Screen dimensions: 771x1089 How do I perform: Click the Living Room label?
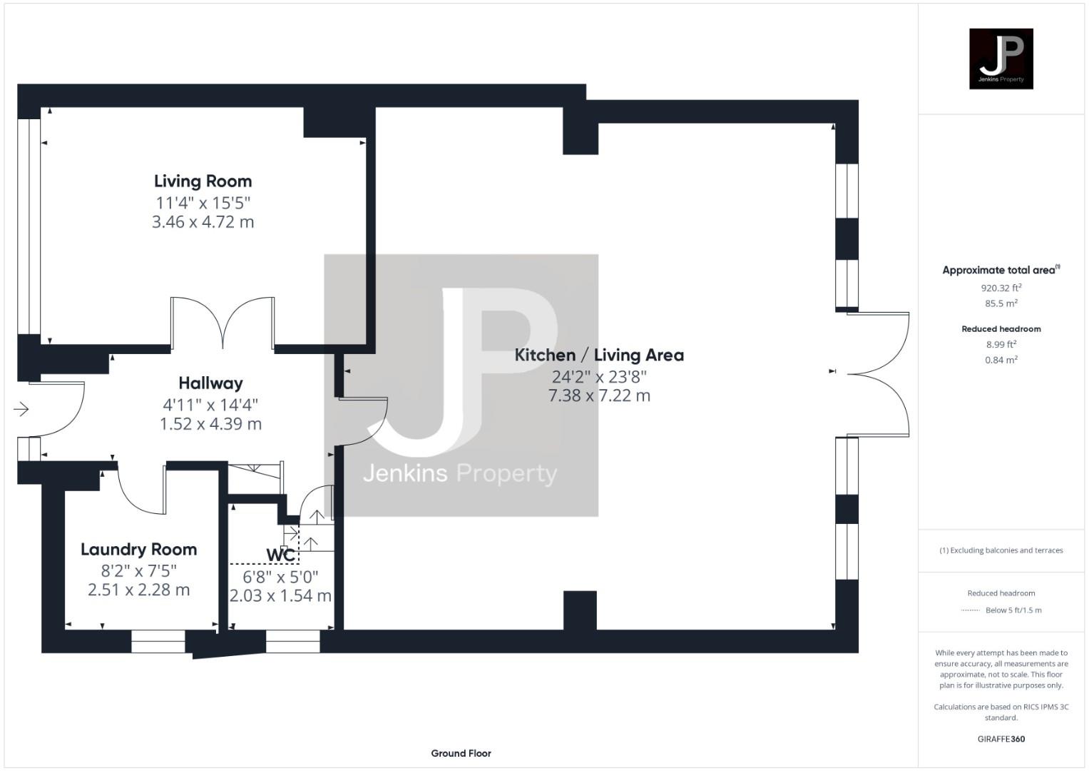[x=203, y=181]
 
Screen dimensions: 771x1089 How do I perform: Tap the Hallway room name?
[x=210, y=383]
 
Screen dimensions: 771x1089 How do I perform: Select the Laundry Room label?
[x=138, y=550]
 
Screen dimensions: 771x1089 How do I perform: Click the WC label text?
[x=280, y=555]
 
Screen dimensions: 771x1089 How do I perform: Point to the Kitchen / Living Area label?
[x=599, y=355]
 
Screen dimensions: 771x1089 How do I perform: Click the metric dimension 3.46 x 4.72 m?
[x=203, y=222]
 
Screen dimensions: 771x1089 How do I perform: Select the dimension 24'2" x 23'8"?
[x=599, y=376]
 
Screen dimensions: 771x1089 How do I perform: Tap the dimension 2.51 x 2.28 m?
[x=138, y=590]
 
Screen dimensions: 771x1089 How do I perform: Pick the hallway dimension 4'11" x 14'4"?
[x=210, y=405]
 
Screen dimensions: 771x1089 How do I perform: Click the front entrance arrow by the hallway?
[x=21, y=409]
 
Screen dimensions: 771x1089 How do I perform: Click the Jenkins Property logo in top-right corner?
[x=1001, y=59]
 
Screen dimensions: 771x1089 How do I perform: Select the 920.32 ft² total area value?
[x=1001, y=288]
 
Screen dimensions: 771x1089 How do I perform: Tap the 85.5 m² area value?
[x=1001, y=303]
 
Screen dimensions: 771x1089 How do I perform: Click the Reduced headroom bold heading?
[x=1001, y=329]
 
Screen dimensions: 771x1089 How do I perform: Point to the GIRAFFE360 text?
[x=1001, y=739]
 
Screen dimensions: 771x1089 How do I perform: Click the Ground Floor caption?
[x=461, y=753]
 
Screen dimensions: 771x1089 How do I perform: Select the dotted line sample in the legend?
[x=970, y=610]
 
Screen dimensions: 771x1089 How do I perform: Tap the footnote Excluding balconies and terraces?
[x=1001, y=550]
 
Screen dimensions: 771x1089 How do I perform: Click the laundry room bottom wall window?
[x=158, y=642]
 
